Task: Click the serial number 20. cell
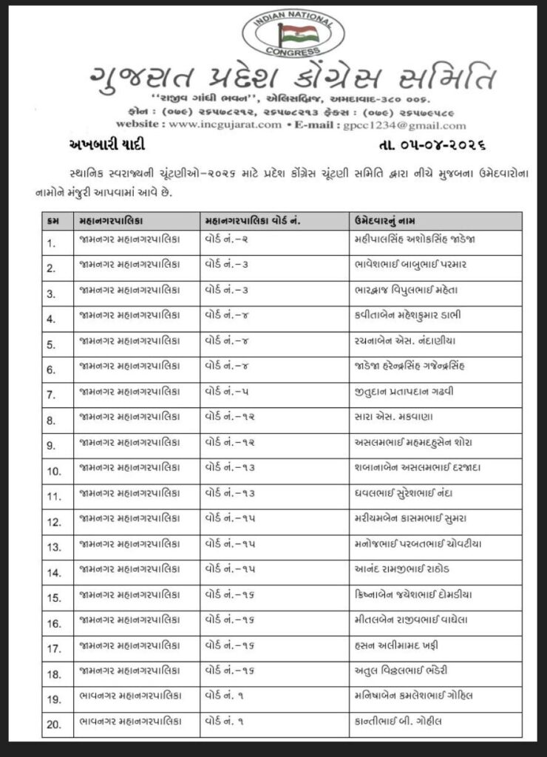click(x=53, y=725)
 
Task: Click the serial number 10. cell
click(x=53, y=471)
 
